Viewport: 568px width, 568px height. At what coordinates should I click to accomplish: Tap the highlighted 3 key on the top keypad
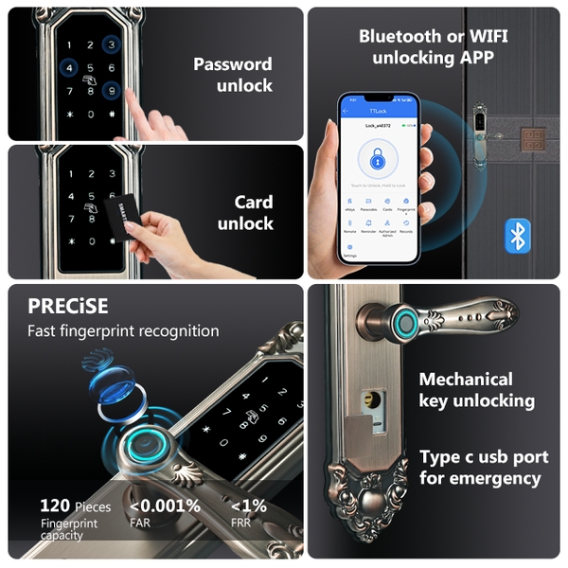[112, 44]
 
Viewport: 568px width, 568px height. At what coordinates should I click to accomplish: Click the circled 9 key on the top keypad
[111, 92]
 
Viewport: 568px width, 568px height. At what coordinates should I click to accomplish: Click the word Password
[233, 64]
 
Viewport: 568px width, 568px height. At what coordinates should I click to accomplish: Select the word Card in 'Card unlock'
[254, 202]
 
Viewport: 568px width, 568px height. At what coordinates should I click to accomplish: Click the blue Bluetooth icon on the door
[517, 235]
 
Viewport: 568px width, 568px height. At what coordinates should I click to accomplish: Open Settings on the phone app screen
[349, 251]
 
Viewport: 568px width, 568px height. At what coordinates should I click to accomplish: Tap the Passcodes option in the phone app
[369, 205]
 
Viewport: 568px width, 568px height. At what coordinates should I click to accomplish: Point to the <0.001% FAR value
[165, 506]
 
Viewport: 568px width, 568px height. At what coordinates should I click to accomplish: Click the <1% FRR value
[249, 506]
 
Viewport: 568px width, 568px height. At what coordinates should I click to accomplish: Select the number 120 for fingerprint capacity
[55, 506]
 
